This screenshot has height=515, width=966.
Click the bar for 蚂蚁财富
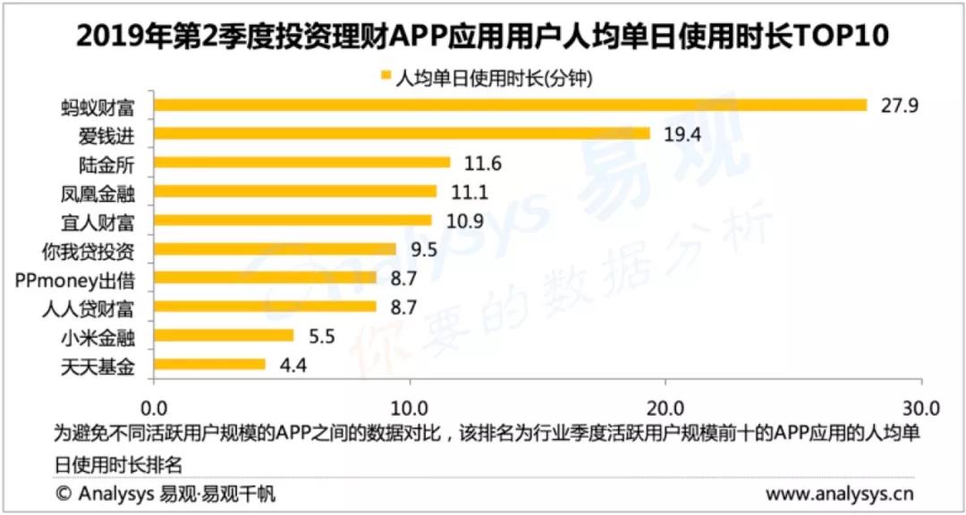510,105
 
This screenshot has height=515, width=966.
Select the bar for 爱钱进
402,134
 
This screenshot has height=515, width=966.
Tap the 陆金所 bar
302,163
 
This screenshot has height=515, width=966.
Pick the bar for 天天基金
209,364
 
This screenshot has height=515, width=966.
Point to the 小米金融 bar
224,335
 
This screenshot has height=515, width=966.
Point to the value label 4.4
292,365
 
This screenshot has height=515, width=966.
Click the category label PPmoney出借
76,278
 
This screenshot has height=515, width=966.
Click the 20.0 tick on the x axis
665,408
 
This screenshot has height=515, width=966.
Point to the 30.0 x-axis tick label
921,408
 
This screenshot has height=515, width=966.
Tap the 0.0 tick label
154,408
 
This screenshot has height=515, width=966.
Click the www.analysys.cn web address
840,494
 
